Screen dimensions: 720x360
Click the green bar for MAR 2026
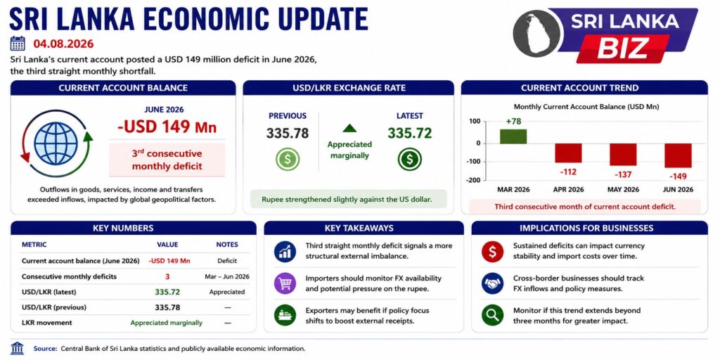(513, 136)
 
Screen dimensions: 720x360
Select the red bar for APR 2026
(568, 153)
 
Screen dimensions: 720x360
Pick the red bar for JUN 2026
(678, 155)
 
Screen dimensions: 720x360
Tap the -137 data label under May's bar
(623, 174)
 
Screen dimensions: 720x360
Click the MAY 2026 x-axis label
(623, 189)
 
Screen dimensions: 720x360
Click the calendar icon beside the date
(18, 43)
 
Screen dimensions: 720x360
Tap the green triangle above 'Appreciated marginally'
(349, 128)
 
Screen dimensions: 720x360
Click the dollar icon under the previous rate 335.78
(288, 159)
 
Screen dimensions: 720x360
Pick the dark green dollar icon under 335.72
(410, 159)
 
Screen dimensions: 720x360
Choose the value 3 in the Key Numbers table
(167, 276)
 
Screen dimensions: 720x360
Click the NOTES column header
(227, 245)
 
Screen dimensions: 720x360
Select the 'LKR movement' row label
(47, 322)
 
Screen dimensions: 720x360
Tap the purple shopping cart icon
(285, 283)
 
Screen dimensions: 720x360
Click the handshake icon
(493, 283)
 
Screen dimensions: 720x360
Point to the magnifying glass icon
(493, 315)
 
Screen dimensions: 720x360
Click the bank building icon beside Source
(18, 348)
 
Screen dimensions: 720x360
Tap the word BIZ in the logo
(623, 48)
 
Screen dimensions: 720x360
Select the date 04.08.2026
(63, 44)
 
